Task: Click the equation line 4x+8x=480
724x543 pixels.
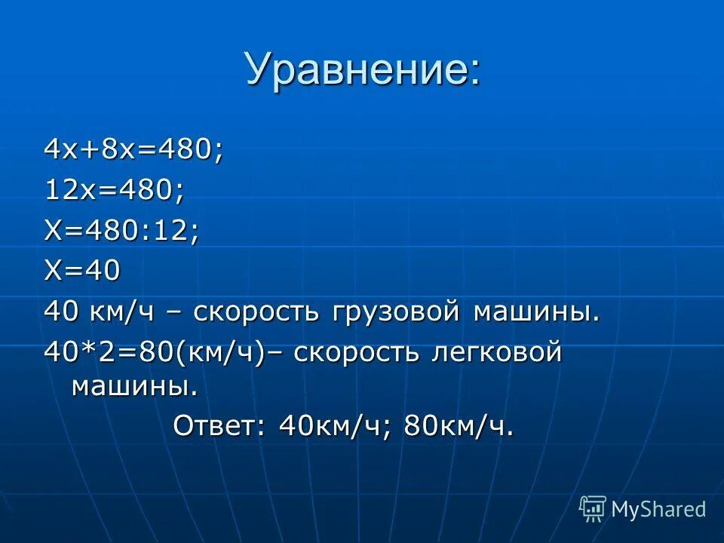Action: coord(133,149)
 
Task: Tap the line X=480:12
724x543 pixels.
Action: coord(121,231)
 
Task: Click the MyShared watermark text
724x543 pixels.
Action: coord(658,509)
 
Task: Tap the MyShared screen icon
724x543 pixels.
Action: coord(593,509)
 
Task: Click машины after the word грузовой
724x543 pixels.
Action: coord(536,312)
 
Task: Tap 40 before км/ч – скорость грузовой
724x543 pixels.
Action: coord(57,312)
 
